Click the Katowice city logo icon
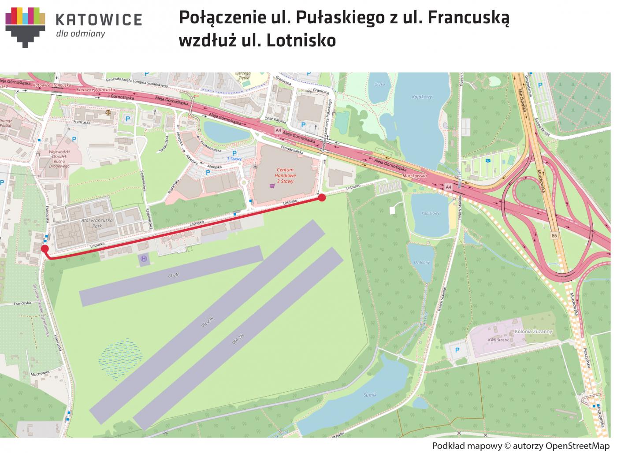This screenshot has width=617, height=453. coord(25,26)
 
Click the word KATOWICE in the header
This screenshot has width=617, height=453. coord(99,20)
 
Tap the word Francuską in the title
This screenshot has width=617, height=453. coord(468,18)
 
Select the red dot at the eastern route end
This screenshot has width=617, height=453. coord(322,197)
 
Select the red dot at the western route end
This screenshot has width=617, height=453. coord(45,249)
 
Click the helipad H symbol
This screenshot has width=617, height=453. coord(143,259)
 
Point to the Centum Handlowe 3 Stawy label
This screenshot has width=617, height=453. coord(285,175)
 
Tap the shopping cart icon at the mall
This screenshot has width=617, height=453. coord(272,186)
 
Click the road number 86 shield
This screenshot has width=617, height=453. coord(554,237)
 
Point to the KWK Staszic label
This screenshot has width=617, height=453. coord(498,340)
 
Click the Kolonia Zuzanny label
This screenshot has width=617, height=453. coord(533,331)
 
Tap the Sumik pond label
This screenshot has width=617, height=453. coord(370,395)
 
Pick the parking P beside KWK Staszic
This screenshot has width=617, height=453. coord(457,350)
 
